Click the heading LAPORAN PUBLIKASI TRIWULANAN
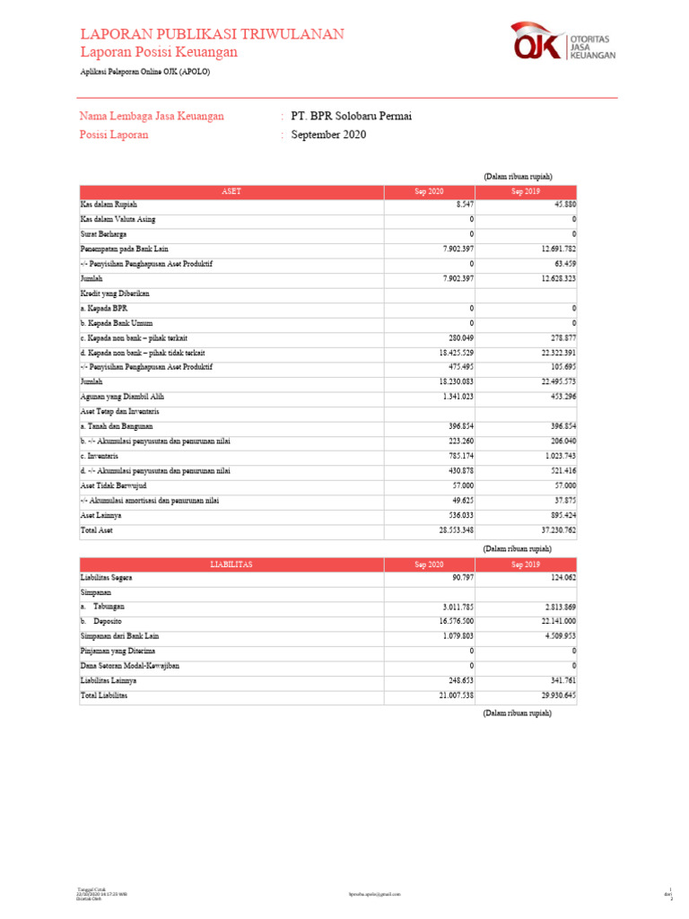(x=212, y=34)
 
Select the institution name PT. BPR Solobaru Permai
(x=351, y=117)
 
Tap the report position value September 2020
(x=328, y=135)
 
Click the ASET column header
(x=231, y=192)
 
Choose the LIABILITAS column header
(x=231, y=565)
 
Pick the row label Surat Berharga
(x=103, y=233)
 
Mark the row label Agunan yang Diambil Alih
(x=122, y=396)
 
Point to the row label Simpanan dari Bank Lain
(x=119, y=636)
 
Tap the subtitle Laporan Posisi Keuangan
(x=159, y=53)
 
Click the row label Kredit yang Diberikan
(x=114, y=293)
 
